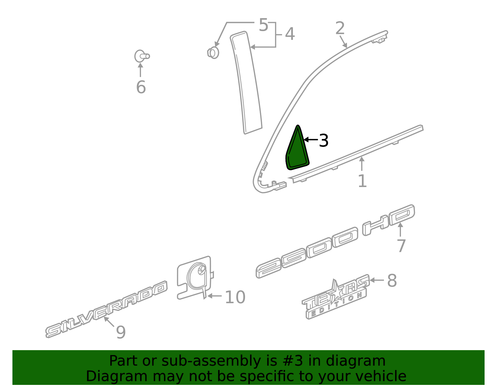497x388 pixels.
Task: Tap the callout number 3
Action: point(324,141)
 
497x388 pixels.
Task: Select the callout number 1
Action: point(362,181)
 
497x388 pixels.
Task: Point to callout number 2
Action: point(340,28)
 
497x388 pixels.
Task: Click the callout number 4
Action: point(290,34)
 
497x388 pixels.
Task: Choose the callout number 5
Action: point(263,25)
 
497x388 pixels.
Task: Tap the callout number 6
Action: point(141,87)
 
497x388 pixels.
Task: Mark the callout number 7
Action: point(401,246)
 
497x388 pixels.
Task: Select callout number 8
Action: point(392,281)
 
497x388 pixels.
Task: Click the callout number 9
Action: point(121,332)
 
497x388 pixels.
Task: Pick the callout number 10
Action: point(235,297)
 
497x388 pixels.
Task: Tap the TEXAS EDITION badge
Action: point(335,298)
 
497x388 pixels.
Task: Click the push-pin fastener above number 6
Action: point(141,56)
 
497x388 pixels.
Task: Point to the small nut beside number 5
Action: point(213,52)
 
